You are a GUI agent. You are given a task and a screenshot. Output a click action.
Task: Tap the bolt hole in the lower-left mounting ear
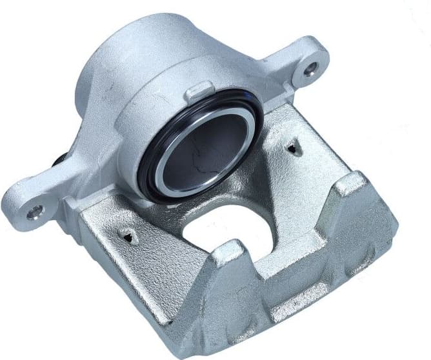pos(33,210)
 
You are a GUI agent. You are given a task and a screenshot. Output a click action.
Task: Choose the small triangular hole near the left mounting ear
pos(131,238)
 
